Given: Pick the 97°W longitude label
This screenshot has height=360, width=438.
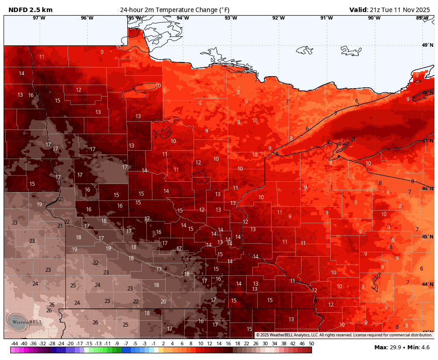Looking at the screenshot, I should [39, 18].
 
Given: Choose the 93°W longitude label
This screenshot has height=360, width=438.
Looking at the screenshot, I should [231, 18].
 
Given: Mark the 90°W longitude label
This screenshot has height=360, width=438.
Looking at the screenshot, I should [374, 18].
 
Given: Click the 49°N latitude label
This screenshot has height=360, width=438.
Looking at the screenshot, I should [427, 45].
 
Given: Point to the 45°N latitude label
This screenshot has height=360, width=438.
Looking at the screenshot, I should [427, 237].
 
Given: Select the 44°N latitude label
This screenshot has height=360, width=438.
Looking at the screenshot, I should [427, 284].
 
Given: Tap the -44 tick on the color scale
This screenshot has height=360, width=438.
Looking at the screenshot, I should [14, 344].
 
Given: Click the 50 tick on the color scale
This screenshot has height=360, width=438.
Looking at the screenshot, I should [311, 344].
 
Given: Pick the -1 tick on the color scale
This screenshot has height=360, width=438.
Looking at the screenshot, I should [154, 344].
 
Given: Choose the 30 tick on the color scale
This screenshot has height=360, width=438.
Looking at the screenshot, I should [265, 344].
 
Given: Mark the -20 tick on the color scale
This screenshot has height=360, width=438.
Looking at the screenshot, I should [70, 344].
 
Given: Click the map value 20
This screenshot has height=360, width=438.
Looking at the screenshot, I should [163, 302].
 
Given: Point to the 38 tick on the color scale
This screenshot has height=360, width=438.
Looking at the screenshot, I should [284, 344].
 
